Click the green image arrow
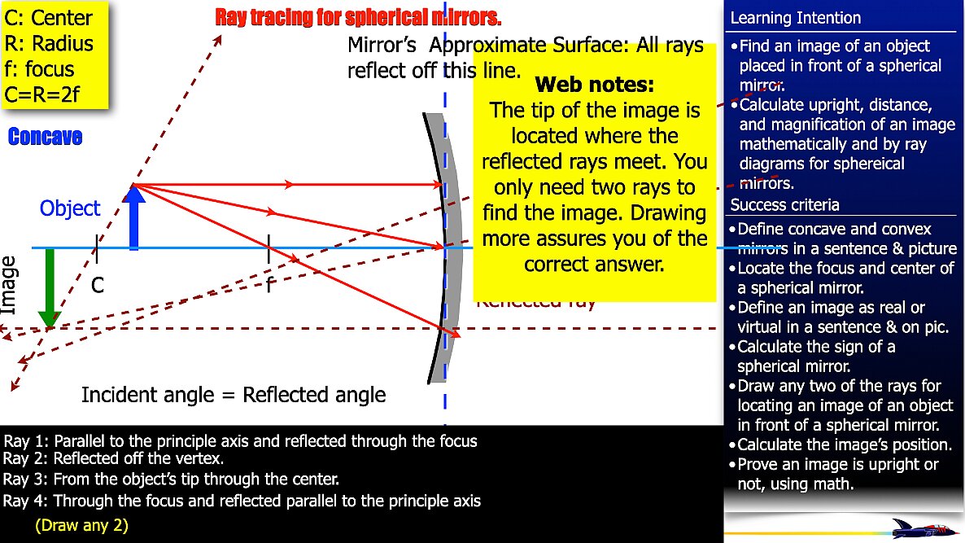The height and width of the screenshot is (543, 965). tap(49, 288)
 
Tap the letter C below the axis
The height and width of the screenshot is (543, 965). tap(98, 285)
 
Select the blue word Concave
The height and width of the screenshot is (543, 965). tap(45, 137)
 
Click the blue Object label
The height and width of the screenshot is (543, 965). tap(70, 208)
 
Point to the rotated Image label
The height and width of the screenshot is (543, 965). tap(10, 285)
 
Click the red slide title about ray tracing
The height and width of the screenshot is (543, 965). tap(358, 16)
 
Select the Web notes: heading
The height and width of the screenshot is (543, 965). tap(594, 85)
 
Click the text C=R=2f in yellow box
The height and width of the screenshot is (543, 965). tap(49, 94)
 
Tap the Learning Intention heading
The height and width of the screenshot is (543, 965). tap(795, 18)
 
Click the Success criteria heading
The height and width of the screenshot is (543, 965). tap(784, 204)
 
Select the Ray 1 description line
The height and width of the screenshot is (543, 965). tap(241, 441)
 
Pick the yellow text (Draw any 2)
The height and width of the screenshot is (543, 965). tap(81, 525)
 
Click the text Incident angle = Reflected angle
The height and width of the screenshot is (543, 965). tap(234, 396)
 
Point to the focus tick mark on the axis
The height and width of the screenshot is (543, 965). tap(269, 247)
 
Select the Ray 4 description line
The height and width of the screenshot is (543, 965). tap(242, 501)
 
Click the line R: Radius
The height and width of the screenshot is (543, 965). tap(49, 43)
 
